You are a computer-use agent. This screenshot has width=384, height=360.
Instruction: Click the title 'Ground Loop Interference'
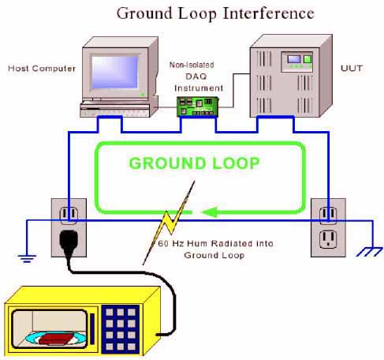(x=214, y=13)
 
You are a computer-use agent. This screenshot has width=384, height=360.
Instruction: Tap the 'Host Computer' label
(x=42, y=69)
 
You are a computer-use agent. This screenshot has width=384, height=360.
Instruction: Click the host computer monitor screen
(x=116, y=74)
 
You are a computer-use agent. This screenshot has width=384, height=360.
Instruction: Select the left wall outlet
(x=69, y=225)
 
